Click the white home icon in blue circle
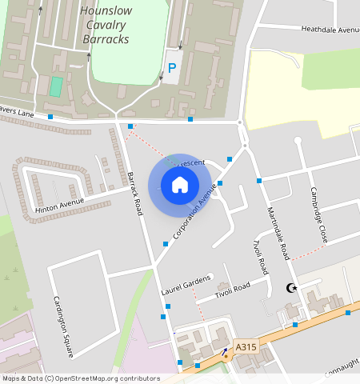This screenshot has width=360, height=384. (180, 185)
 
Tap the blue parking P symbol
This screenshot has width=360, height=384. (172, 69)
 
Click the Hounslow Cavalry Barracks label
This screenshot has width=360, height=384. (104, 25)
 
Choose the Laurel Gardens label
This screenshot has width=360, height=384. (185, 282)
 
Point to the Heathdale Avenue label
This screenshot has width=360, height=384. (330, 30)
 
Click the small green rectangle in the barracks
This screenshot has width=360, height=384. (55, 86)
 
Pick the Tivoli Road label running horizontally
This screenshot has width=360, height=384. (233, 290)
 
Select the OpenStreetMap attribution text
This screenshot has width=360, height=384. (81, 378)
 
